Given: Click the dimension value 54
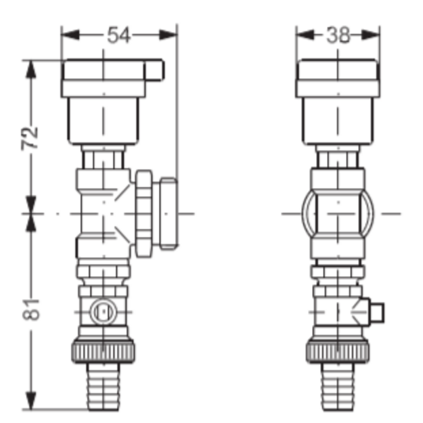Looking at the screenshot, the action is [x=118, y=35].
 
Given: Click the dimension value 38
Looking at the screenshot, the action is [x=338, y=35].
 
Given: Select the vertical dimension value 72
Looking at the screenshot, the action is [x=30, y=138].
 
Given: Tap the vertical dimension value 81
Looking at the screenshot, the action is [x=30, y=309].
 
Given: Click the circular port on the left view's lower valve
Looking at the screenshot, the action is [x=104, y=312].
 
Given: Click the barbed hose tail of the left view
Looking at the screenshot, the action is [x=103, y=386].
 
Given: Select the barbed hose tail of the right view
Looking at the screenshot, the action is [x=338, y=386].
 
